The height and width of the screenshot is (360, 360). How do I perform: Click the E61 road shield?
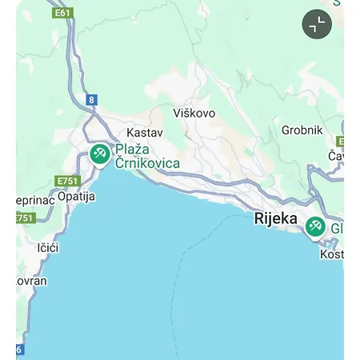tap(62, 13)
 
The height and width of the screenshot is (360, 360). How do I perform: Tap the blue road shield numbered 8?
tap(92, 100)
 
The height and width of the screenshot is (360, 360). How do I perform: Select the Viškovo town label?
tap(194, 113)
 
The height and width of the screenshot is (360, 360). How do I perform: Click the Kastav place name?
tap(145, 132)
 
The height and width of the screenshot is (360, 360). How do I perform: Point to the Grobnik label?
tap(302, 130)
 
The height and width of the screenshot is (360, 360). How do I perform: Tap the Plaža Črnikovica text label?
tap(147, 156)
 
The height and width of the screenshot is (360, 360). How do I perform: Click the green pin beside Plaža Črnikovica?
tap(100, 154)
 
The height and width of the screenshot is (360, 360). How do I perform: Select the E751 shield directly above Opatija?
tap(68, 182)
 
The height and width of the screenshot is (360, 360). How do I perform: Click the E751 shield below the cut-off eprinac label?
tap(26, 218)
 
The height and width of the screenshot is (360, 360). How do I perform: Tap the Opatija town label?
tap(77, 196)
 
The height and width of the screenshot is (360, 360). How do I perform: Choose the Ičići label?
tap(48, 247)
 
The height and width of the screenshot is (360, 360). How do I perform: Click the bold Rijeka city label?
tap(276, 218)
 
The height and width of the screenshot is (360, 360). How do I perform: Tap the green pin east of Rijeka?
tap(315, 226)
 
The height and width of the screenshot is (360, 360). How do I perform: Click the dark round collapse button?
tap(317, 25)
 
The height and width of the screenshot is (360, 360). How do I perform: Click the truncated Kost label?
tap(331, 254)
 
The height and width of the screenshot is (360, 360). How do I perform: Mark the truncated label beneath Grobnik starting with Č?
tap(336, 155)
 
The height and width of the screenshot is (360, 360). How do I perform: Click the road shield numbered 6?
tap(19, 350)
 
